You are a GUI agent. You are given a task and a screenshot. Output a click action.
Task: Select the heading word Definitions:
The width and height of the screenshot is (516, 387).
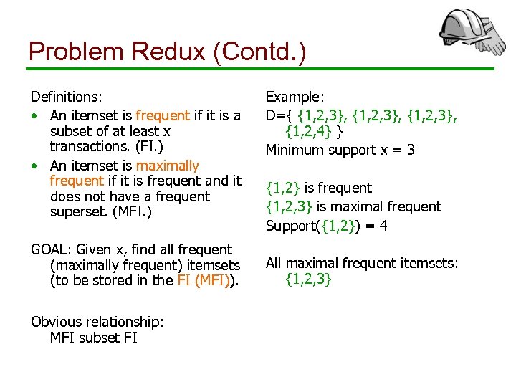(x=66, y=96)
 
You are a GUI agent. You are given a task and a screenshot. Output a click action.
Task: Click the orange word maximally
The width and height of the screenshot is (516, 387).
(x=168, y=166)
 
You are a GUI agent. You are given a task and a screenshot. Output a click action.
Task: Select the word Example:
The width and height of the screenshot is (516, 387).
(x=295, y=96)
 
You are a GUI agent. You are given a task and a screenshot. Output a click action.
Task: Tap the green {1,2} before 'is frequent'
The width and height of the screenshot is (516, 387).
(x=283, y=188)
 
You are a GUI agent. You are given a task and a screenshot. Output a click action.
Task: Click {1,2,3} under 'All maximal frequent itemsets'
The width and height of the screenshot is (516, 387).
(x=308, y=280)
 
